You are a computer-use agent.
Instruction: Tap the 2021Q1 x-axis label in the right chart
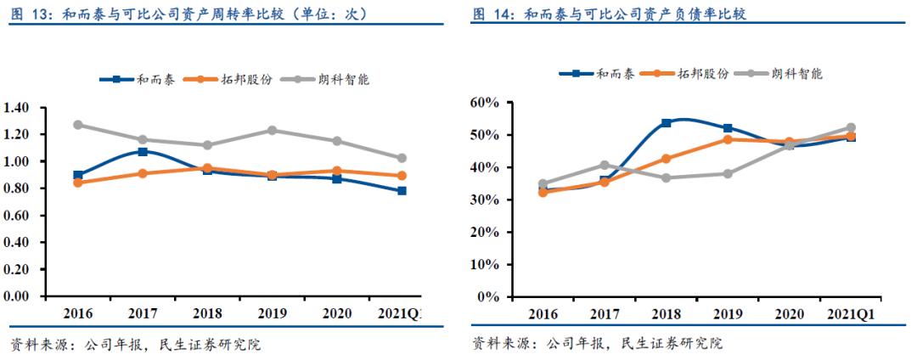click(851, 313)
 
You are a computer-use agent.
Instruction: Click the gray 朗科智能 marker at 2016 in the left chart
click(78, 125)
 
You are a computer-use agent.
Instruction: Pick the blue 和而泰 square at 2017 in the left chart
click(143, 152)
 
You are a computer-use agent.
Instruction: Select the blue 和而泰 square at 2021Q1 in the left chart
click(402, 191)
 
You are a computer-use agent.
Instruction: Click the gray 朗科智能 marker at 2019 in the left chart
click(273, 131)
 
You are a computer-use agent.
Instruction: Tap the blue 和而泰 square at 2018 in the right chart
click(667, 123)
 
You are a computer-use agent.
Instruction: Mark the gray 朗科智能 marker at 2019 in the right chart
click(728, 173)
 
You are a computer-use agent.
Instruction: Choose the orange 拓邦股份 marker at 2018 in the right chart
click(667, 159)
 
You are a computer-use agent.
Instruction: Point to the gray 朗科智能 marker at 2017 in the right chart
click(605, 166)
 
